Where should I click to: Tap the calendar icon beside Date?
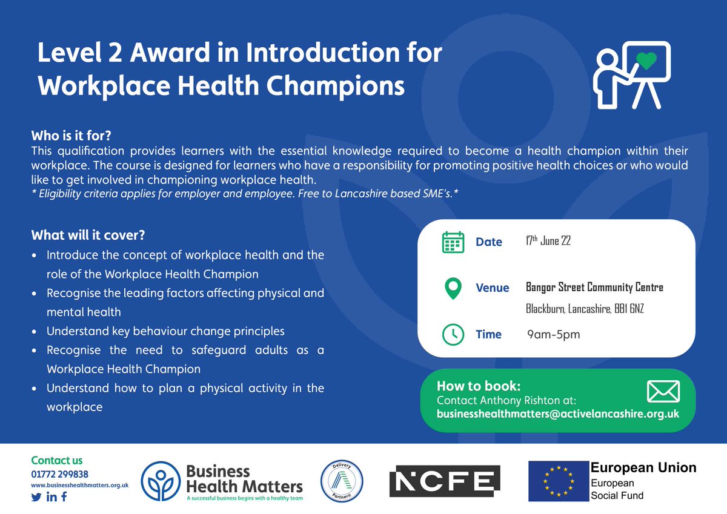coord(453,242)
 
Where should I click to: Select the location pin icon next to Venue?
coord(453,288)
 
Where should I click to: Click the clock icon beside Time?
coord(453,334)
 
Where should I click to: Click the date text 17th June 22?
coord(548,241)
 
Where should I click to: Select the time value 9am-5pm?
coord(553,334)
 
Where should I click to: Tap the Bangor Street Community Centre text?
coord(594,288)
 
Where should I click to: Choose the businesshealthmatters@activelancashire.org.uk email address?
coord(557,414)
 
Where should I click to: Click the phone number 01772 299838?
coord(59,473)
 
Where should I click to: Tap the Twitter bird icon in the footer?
coord(36,497)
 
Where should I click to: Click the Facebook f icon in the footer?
coord(64,497)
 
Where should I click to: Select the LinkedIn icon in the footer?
coord(51,497)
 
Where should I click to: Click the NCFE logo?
coord(444,481)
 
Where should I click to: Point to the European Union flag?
coord(558,481)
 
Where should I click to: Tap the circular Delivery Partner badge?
coord(341,481)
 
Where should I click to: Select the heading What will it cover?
coord(88,234)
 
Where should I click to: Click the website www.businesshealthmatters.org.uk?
coord(73,485)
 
